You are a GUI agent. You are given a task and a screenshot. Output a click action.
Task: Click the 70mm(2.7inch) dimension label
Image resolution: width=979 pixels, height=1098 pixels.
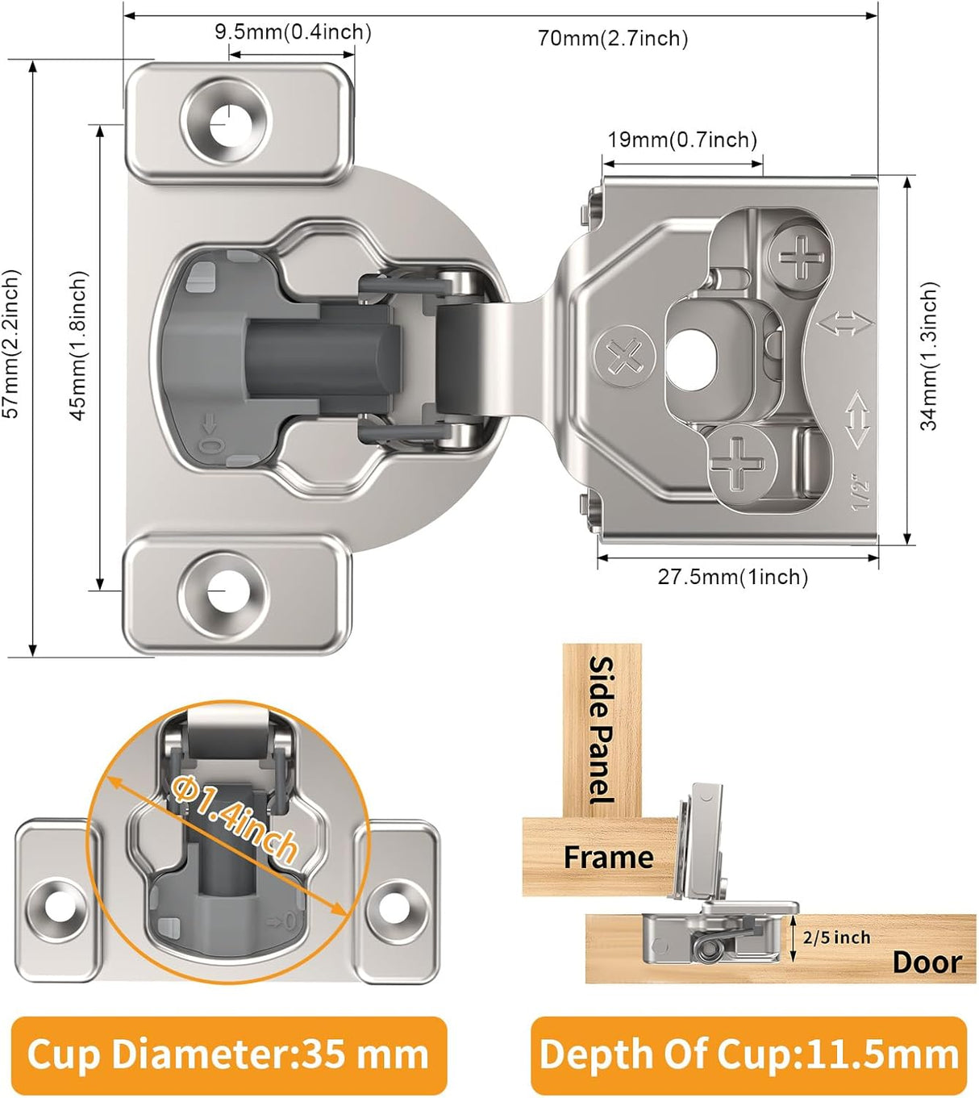613,38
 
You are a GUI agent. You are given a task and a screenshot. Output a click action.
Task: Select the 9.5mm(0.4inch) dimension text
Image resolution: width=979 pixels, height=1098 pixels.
293,32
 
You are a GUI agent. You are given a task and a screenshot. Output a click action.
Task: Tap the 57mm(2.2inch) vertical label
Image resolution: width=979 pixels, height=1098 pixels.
12,344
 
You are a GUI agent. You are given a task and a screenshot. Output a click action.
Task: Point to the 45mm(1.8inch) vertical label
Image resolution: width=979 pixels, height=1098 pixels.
78,345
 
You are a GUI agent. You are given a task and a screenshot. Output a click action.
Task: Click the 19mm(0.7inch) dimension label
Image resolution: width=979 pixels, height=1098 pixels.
682,140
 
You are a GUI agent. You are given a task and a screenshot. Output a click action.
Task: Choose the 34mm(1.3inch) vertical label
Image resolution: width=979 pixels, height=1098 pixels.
929,356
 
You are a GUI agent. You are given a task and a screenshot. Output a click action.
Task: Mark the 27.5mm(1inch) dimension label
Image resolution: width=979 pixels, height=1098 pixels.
732,577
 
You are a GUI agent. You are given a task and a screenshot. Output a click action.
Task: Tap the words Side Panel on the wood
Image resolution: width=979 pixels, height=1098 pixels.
602,729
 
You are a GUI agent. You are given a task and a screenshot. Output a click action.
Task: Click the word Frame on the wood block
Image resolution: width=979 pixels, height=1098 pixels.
608,857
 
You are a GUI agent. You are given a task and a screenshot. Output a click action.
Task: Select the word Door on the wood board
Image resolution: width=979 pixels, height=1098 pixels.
927,962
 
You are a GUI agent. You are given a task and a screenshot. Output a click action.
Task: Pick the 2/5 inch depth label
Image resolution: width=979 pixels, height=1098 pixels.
836,937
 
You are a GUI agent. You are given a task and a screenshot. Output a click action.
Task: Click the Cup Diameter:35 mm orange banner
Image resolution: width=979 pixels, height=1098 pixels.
228,1054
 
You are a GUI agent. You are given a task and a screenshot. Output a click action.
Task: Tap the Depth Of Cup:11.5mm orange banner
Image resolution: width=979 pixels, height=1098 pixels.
748,1054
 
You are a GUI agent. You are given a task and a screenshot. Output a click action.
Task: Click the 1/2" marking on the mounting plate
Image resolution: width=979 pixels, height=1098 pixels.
860,494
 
